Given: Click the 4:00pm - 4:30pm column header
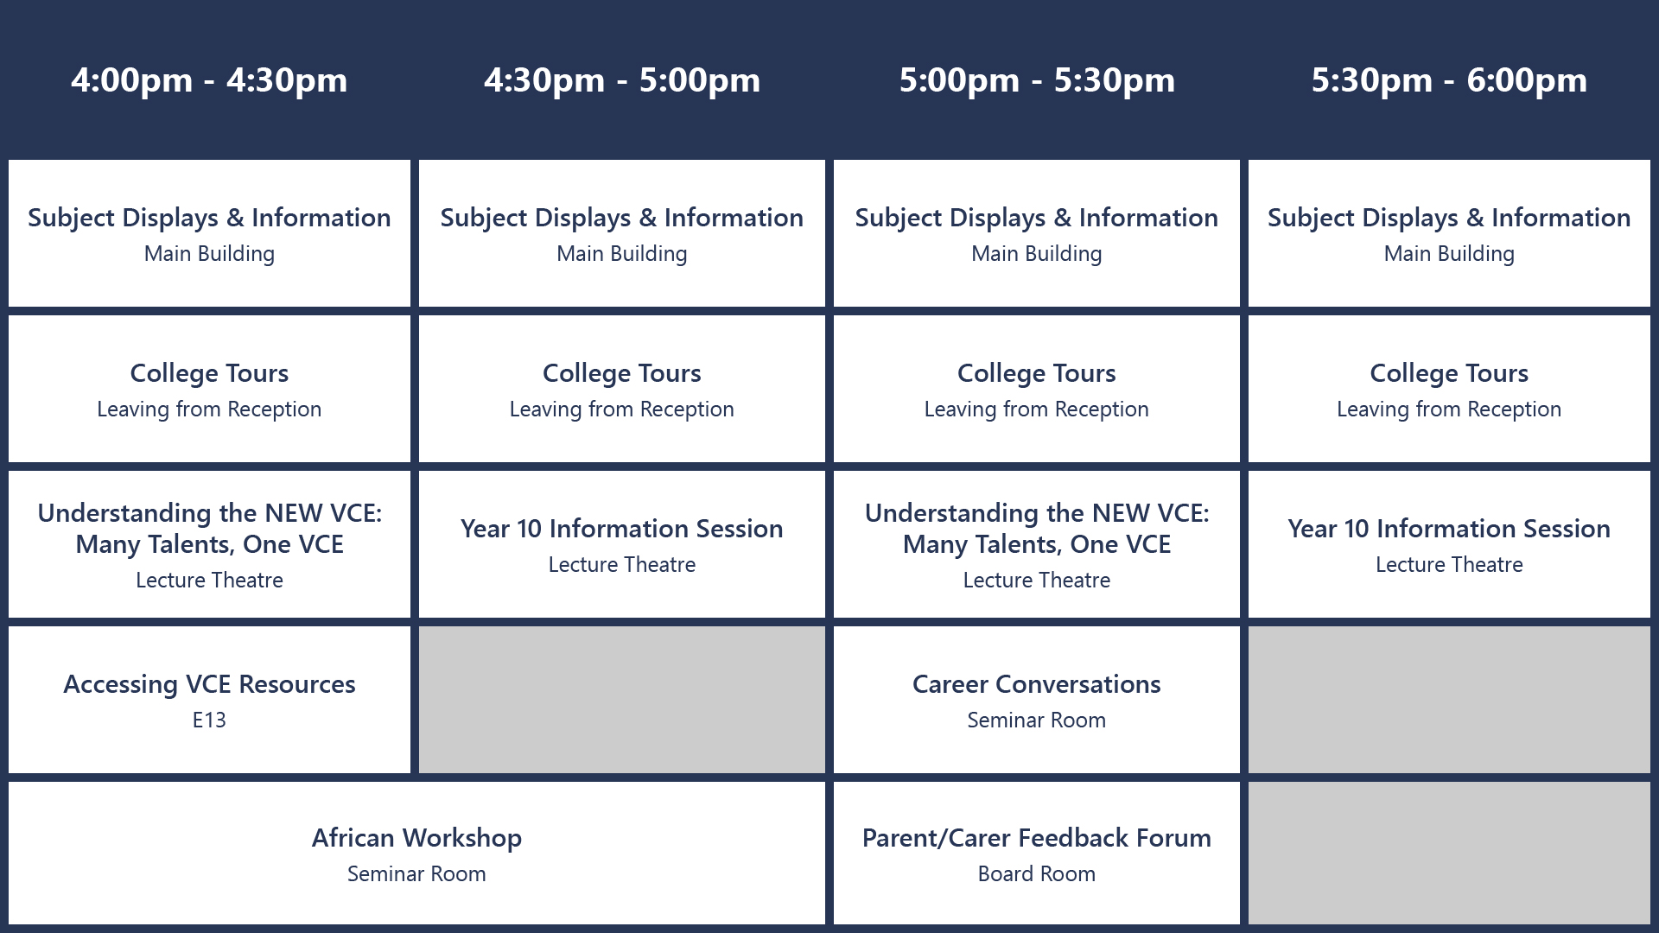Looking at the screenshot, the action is click(209, 80).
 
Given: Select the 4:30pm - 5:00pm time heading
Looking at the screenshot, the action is click(622, 80).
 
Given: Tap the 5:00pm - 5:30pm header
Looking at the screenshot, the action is click(1037, 80).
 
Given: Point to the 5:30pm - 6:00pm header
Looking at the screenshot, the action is click(1449, 80).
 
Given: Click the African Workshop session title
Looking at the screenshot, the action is click(416, 838).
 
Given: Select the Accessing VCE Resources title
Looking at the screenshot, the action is click(209, 684).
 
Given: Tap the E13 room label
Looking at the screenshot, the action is click(209, 720).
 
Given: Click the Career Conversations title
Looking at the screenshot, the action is click(1037, 684).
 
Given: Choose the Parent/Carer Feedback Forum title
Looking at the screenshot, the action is click(1037, 838).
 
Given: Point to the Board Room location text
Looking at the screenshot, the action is click(1037, 874).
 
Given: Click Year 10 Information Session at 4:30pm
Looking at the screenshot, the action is click(622, 529).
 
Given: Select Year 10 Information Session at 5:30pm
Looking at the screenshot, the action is click(1449, 529).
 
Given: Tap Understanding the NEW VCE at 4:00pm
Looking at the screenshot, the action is click(209, 529).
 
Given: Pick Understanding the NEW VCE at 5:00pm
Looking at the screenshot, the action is click(1037, 529).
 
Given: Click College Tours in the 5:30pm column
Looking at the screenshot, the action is click(1449, 373).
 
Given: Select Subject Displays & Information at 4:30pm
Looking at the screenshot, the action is click(622, 218).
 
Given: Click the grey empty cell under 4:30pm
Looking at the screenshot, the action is click(622, 700).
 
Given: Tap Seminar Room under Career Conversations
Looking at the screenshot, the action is click(1037, 720).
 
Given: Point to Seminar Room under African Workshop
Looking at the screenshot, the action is click(416, 874).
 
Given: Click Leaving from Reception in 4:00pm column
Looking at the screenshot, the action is click(209, 409).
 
